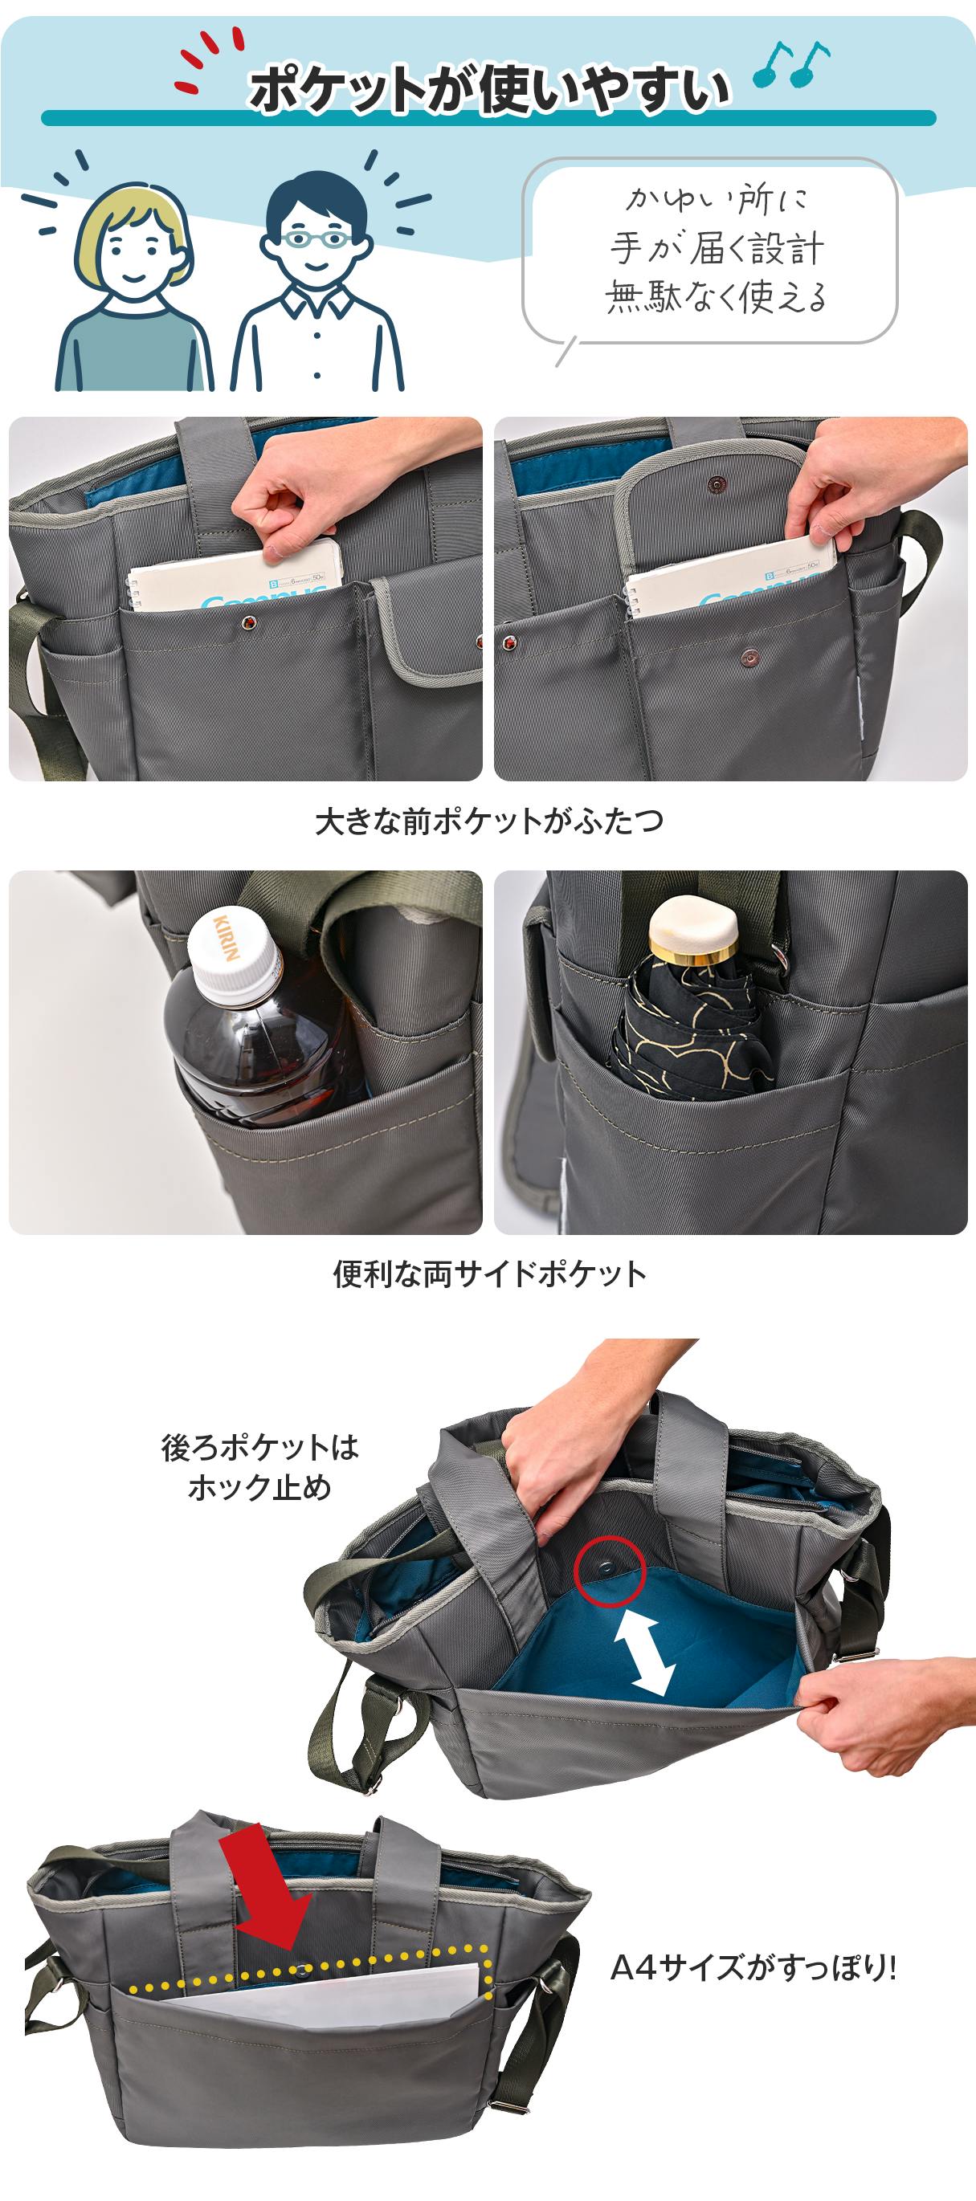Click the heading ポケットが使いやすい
pos(489,91)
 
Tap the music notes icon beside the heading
pos(790,65)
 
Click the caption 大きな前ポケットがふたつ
pos(489,821)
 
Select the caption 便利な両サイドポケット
pos(489,1274)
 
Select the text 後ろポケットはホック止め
pos(259,1467)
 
